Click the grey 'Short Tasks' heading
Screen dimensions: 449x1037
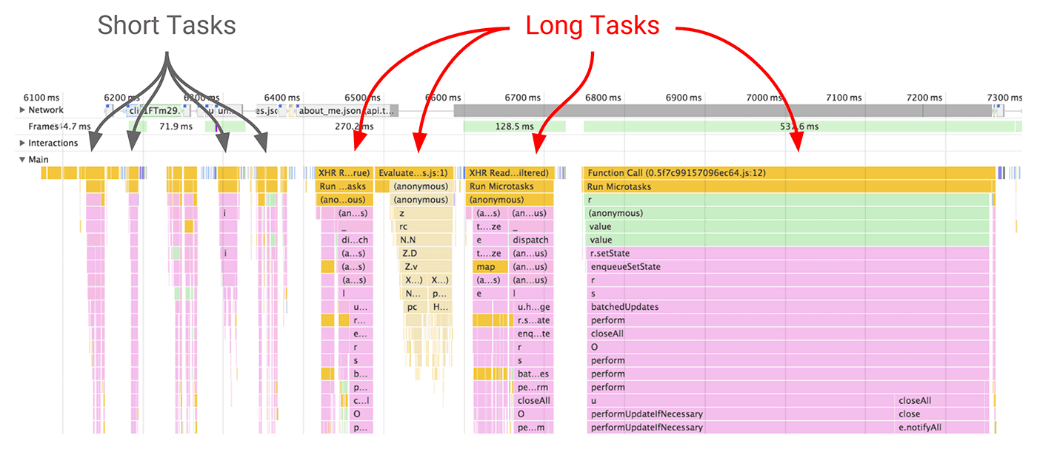pyautogui.click(x=167, y=26)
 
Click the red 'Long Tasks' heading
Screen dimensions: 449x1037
pyautogui.click(x=592, y=26)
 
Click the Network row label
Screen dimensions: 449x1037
pyautogui.click(x=46, y=110)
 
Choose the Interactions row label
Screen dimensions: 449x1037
pyautogui.click(x=53, y=143)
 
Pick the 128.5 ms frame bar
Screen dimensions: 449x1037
pyautogui.click(x=514, y=126)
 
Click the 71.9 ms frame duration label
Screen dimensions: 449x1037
pyautogui.click(x=175, y=126)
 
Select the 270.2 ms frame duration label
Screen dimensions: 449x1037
pyautogui.click(x=353, y=126)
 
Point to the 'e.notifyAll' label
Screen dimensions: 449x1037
pyautogui.click(x=920, y=428)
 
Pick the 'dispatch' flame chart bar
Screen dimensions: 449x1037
pyautogui.click(x=531, y=240)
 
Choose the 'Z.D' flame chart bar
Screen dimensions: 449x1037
pyautogui.click(x=411, y=254)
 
